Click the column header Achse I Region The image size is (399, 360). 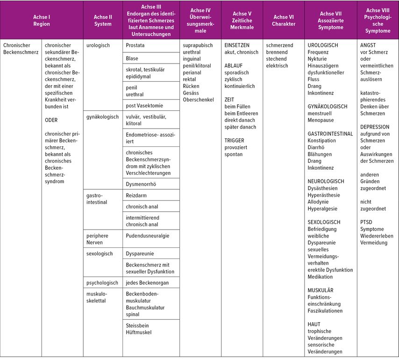tap(42, 21)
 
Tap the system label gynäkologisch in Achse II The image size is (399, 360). tap(102, 117)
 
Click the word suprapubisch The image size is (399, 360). tap(199, 45)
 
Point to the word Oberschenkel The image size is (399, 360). tap(199, 100)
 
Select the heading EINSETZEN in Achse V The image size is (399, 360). tap(237, 45)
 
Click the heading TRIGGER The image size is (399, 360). tap(234, 140)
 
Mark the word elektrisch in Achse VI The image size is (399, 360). tap(277, 65)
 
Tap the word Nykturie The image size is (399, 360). tap(317, 59)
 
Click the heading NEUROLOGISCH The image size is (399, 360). tap(326, 181)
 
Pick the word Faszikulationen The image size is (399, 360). tap(325, 310)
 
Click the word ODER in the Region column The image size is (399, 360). tap(51, 120)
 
